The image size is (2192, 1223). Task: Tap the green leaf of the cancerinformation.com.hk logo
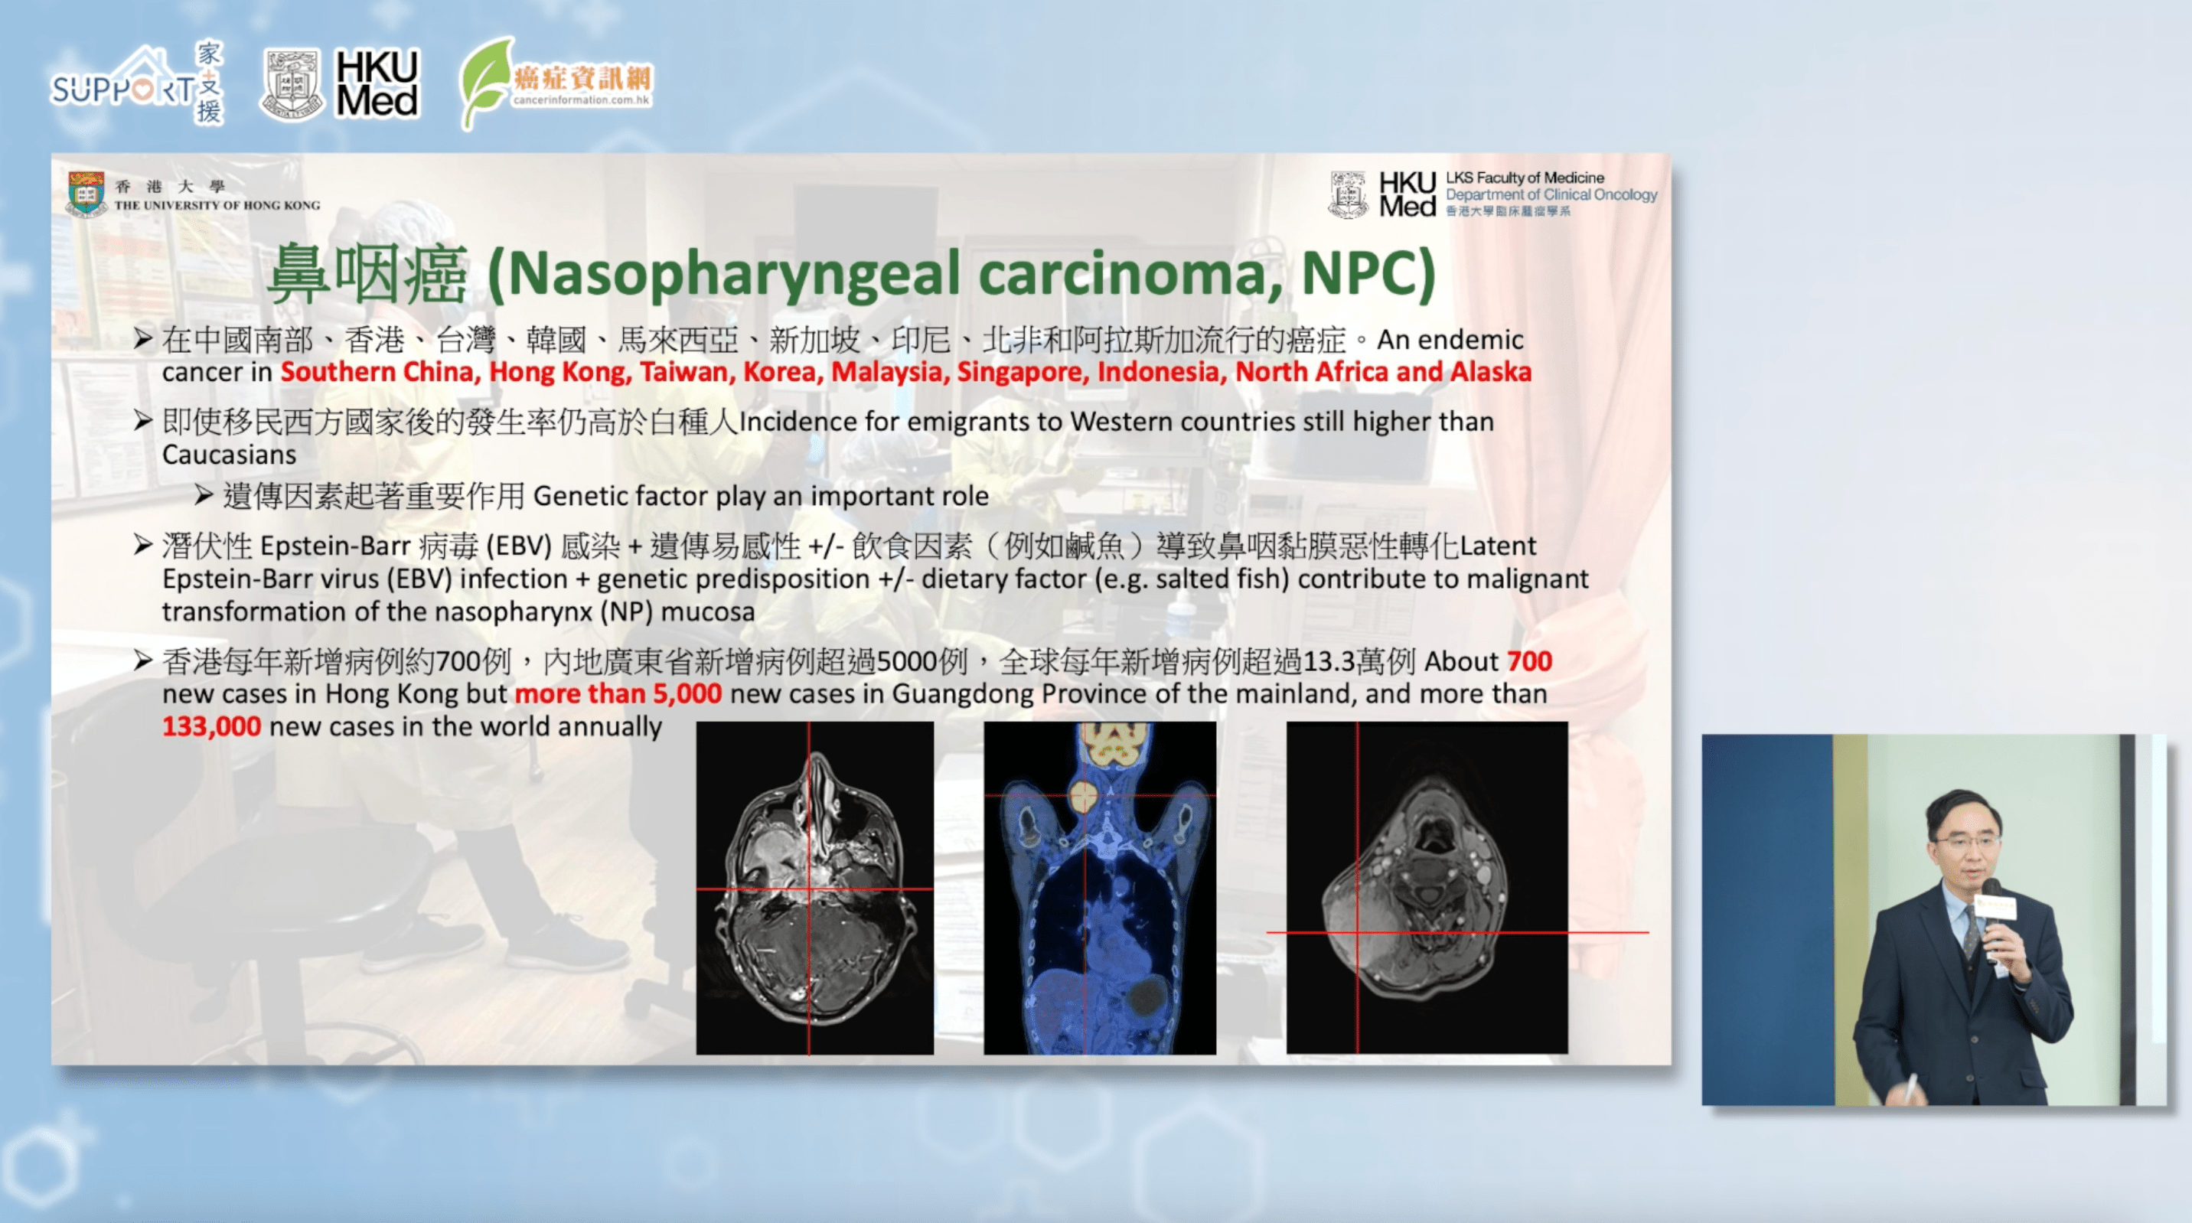click(x=486, y=83)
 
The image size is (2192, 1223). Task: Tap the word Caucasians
click(x=229, y=455)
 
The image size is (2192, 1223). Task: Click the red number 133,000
click(x=211, y=726)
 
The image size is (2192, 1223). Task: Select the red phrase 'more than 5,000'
click(x=618, y=693)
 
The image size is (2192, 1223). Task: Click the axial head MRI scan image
click(x=814, y=888)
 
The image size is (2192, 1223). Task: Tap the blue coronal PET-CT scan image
click(x=1099, y=888)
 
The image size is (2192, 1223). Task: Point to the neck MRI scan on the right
click(x=1426, y=888)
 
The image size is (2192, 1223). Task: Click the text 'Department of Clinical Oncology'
click(x=1551, y=195)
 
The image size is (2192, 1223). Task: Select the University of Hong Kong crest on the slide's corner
click(x=86, y=193)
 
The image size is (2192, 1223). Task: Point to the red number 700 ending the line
click(x=1529, y=661)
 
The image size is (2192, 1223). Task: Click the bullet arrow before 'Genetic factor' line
click(x=204, y=494)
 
